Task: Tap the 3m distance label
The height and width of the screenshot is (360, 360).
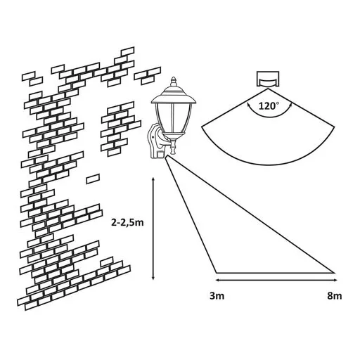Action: (217, 296)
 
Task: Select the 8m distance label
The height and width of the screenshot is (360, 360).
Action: (335, 296)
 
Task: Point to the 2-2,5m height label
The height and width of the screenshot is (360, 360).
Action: (127, 223)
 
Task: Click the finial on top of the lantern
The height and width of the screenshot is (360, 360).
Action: (174, 82)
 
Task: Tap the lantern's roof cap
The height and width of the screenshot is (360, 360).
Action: (174, 96)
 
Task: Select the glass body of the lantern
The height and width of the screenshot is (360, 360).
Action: (174, 118)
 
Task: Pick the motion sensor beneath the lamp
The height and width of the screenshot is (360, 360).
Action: (161, 155)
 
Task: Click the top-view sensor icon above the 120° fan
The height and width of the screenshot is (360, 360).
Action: (268, 79)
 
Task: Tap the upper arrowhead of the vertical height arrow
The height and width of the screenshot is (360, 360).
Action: (153, 180)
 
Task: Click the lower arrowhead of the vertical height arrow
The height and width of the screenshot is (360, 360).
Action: (153, 277)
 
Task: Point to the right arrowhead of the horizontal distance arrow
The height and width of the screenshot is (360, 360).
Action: (335, 280)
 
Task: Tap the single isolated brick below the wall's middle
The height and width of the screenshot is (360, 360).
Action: (93, 179)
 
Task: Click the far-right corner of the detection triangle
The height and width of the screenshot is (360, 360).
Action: (334, 273)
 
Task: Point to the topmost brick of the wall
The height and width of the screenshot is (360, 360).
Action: (128, 51)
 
